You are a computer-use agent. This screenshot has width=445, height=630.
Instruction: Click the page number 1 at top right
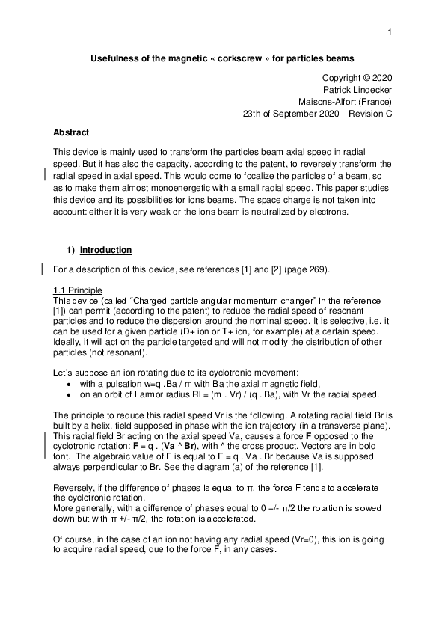point(390,31)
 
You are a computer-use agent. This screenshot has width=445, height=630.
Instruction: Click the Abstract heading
point(70,132)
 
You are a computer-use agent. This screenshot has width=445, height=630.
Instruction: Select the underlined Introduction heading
point(106,250)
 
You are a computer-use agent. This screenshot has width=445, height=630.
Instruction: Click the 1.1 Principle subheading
point(78,290)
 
